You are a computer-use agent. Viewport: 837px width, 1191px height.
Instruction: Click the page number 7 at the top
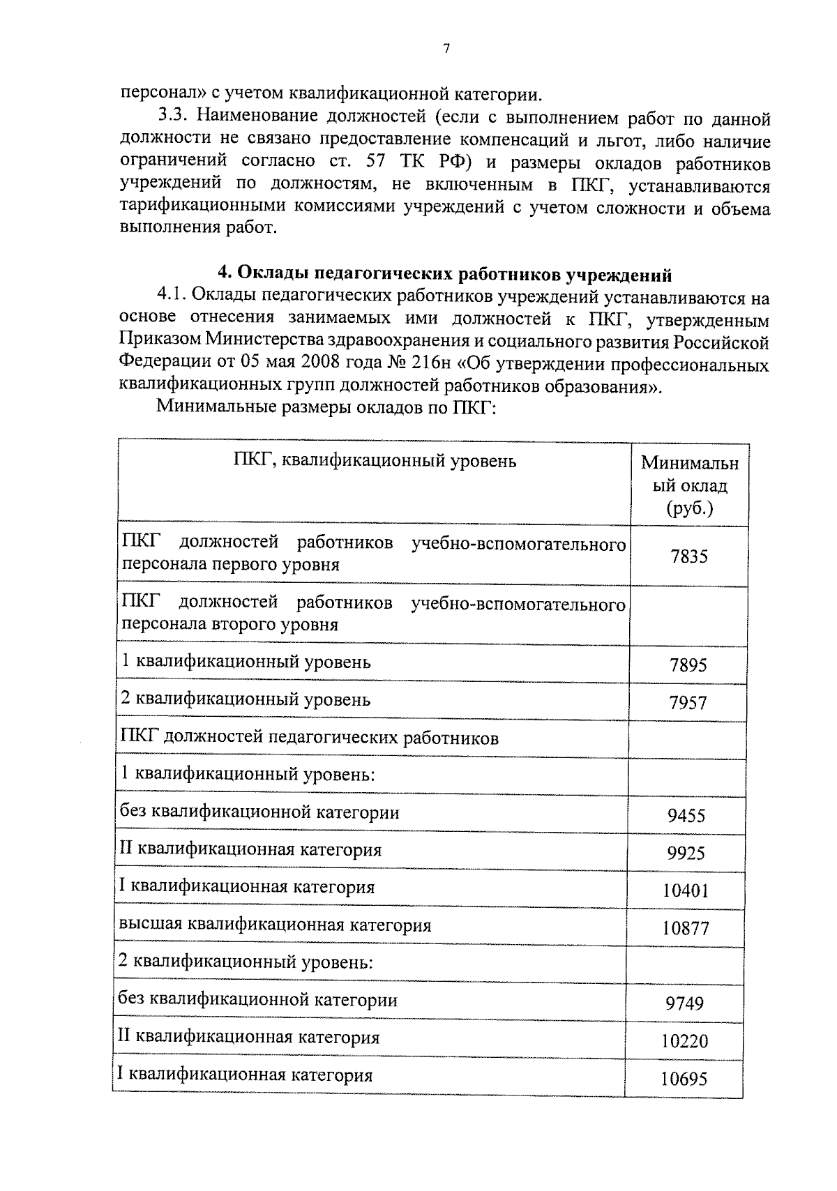[446, 48]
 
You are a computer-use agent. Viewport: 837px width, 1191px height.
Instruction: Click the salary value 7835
[688, 556]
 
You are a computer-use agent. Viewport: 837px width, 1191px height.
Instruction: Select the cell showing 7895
[688, 665]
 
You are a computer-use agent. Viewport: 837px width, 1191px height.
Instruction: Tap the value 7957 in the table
[688, 703]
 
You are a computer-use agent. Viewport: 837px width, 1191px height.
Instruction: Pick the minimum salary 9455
[686, 815]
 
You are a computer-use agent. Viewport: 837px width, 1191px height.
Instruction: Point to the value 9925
[686, 853]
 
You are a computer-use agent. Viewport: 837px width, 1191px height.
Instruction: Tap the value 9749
[684, 1003]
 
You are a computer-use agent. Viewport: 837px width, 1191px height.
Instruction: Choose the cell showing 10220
[684, 1041]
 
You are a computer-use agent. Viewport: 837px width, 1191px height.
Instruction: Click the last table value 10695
[684, 1079]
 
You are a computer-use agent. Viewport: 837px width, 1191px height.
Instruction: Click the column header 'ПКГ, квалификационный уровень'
[375, 460]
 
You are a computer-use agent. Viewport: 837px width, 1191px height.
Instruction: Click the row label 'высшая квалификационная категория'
[275, 925]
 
